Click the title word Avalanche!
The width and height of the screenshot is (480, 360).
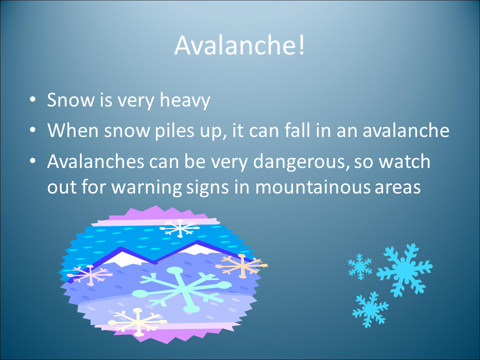(239, 45)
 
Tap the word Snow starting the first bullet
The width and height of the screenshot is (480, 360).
(70, 100)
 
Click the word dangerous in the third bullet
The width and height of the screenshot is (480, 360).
(301, 162)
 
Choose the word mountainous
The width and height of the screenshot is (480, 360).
(312, 187)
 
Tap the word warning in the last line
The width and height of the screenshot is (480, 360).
(146, 188)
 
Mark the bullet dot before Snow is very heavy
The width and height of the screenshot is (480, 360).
(33, 99)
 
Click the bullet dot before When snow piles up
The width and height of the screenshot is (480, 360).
(33, 130)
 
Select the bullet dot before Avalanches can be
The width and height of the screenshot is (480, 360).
(33, 161)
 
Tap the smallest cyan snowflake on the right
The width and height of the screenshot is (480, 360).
(360, 266)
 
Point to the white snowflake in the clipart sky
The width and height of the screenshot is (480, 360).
(179, 228)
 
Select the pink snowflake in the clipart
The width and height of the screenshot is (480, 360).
(89, 275)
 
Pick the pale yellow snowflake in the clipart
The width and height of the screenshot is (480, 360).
(138, 321)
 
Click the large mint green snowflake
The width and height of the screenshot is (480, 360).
(182, 288)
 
